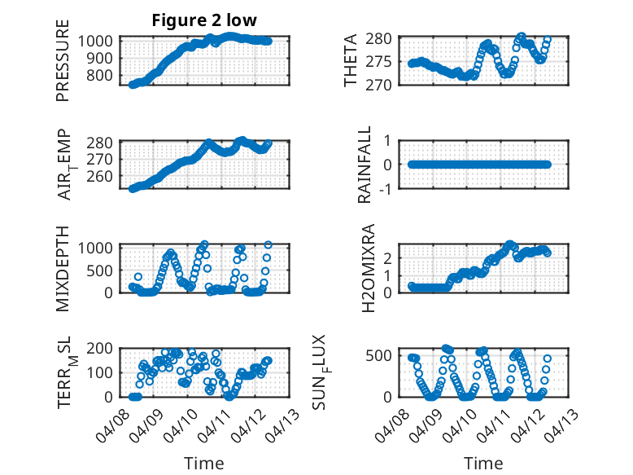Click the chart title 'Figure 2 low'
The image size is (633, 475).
(x=203, y=21)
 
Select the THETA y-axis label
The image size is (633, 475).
(x=351, y=62)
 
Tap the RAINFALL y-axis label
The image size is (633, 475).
(x=365, y=165)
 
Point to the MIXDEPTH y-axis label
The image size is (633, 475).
(x=63, y=267)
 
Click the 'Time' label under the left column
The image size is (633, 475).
(x=203, y=463)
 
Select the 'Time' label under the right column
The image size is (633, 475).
(x=483, y=463)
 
